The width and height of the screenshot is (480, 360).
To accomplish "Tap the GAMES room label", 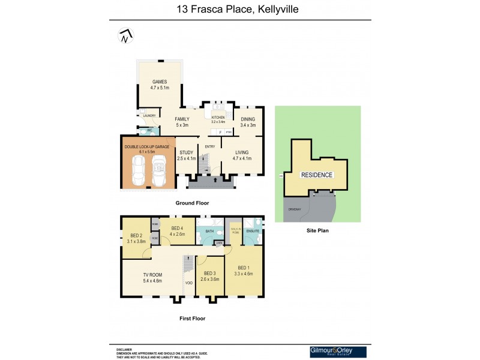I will pyautogui.click(x=159, y=82).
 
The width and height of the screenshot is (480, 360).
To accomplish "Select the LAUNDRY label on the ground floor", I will pyautogui.click(x=149, y=115).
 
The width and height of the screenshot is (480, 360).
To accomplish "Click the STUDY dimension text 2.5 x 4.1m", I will pyautogui.click(x=187, y=158).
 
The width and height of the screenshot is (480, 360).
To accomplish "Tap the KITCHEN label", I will pyautogui.click(x=217, y=117).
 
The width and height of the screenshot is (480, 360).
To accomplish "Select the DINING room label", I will pyautogui.click(x=248, y=119).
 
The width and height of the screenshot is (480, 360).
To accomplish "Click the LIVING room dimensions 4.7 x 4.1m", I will pyautogui.click(x=242, y=158).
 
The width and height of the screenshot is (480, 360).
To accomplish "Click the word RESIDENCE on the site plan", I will pyautogui.click(x=317, y=175).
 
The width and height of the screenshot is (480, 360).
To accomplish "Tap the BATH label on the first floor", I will pyautogui.click(x=210, y=230).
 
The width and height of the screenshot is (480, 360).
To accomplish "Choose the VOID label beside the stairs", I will pyautogui.click(x=190, y=283).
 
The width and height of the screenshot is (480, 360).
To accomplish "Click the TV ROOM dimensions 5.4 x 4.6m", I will pyautogui.click(x=152, y=280).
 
